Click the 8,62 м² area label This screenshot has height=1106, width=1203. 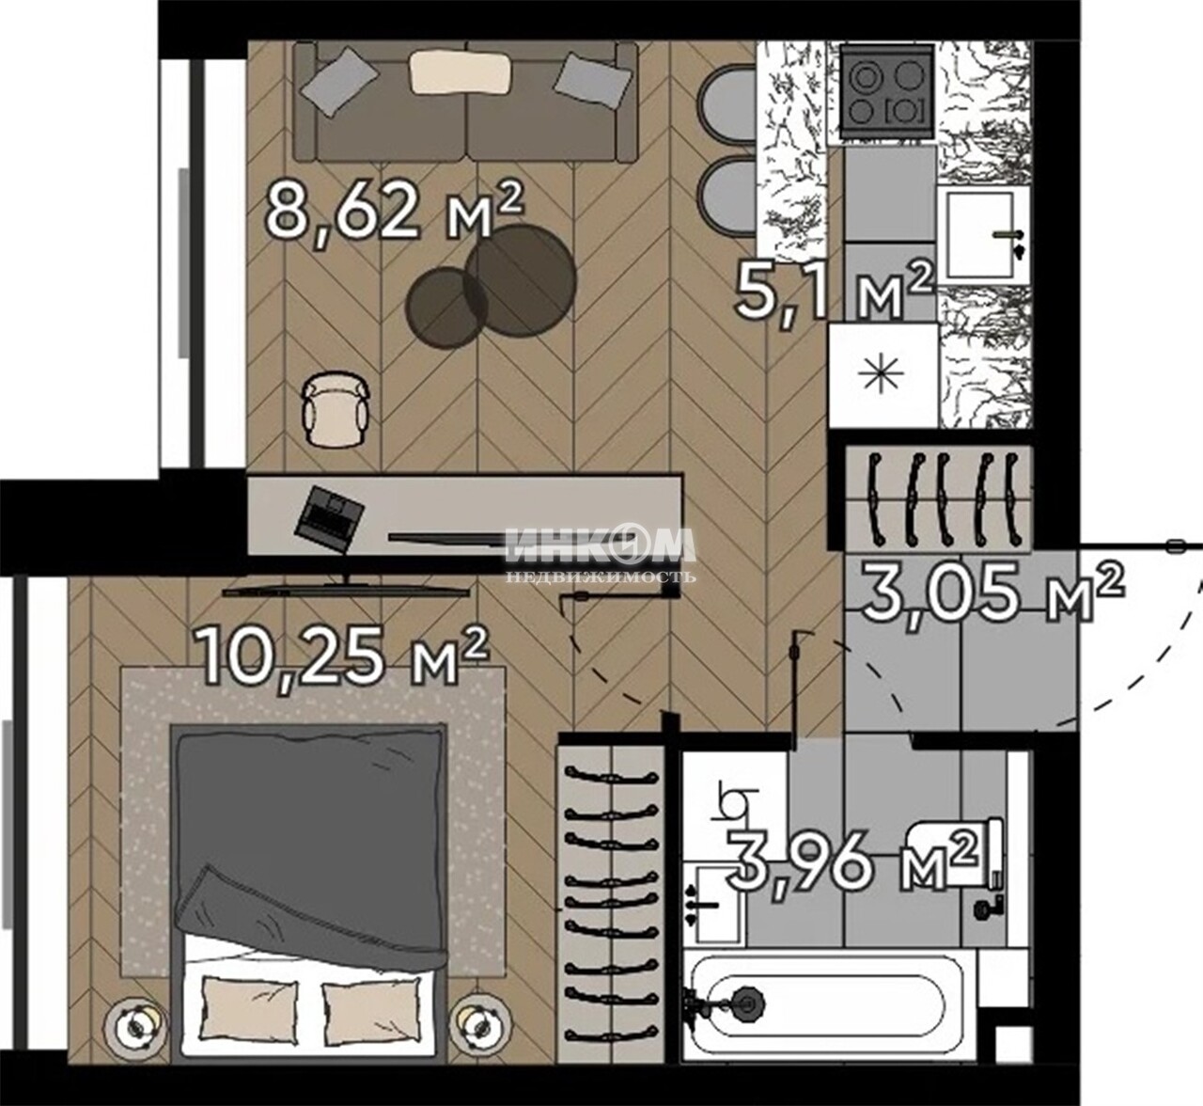(396, 213)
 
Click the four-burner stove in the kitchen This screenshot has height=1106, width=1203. (887, 94)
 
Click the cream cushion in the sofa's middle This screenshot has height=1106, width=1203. (461, 71)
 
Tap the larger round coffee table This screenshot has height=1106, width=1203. (521, 278)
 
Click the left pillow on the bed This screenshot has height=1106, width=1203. (249, 1018)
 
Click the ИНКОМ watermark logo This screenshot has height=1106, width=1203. (600, 545)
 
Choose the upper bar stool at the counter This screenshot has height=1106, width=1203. (726, 110)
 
